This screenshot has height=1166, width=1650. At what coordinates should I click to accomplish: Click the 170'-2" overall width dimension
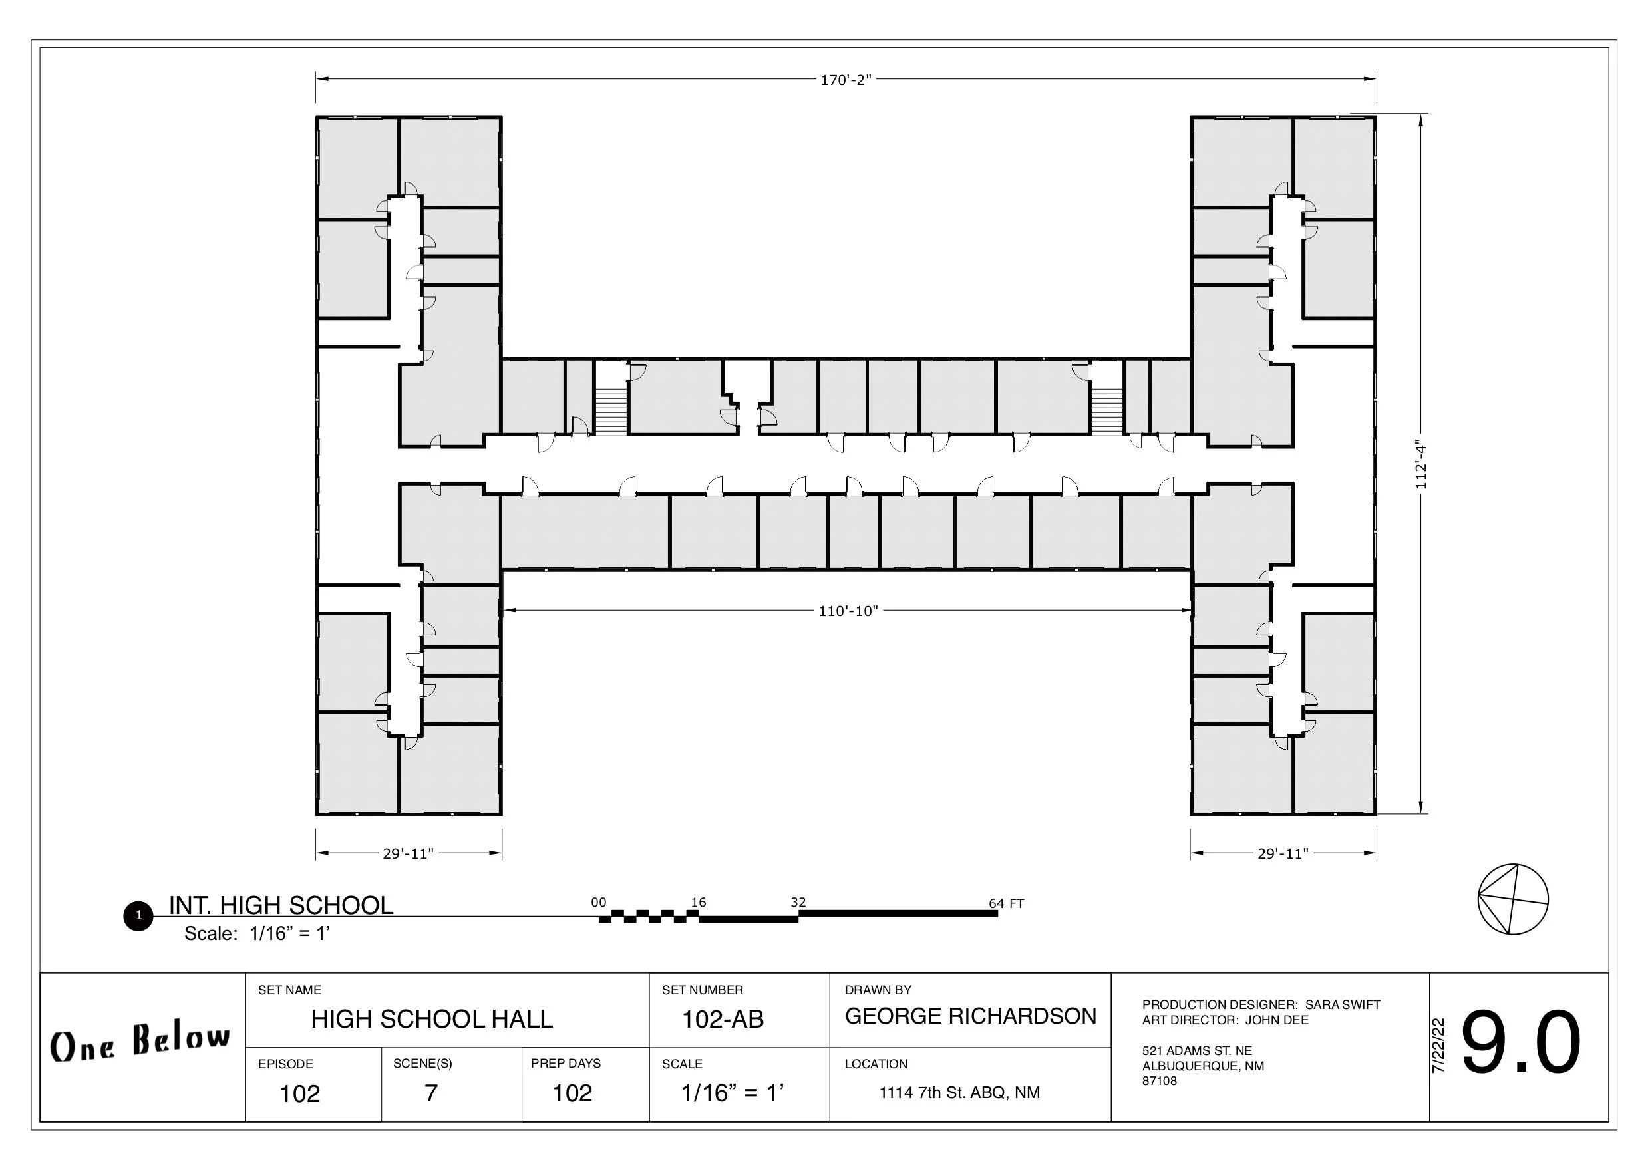click(846, 80)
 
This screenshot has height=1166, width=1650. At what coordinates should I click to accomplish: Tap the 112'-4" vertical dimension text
click(1420, 465)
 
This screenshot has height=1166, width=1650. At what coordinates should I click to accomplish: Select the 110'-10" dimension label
click(848, 611)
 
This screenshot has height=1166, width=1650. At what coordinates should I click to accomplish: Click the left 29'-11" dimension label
click(409, 853)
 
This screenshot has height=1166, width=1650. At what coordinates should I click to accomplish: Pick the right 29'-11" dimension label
click(1283, 853)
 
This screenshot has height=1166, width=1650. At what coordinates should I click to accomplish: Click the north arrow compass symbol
click(1513, 899)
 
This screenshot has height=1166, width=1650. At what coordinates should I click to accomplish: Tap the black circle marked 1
click(138, 916)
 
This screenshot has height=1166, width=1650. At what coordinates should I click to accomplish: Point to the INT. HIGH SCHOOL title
click(281, 905)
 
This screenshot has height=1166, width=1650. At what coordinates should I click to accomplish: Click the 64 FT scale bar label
click(1006, 903)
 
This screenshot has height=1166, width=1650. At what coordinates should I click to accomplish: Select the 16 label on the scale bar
click(699, 903)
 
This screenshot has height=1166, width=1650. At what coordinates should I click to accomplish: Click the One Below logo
click(141, 1042)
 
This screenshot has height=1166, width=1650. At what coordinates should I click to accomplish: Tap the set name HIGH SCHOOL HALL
click(432, 1019)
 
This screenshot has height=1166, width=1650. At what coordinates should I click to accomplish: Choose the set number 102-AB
click(723, 1019)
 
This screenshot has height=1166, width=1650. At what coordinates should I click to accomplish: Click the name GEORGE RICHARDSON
click(971, 1016)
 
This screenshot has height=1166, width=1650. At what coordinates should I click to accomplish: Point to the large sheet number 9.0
click(1521, 1042)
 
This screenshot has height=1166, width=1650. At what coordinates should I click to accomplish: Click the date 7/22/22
click(1438, 1046)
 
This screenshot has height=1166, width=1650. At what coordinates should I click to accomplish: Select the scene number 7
click(431, 1093)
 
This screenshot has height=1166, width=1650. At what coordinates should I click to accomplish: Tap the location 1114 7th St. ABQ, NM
click(959, 1093)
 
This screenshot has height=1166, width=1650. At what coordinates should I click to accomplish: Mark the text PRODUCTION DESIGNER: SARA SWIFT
click(1261, 1004)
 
